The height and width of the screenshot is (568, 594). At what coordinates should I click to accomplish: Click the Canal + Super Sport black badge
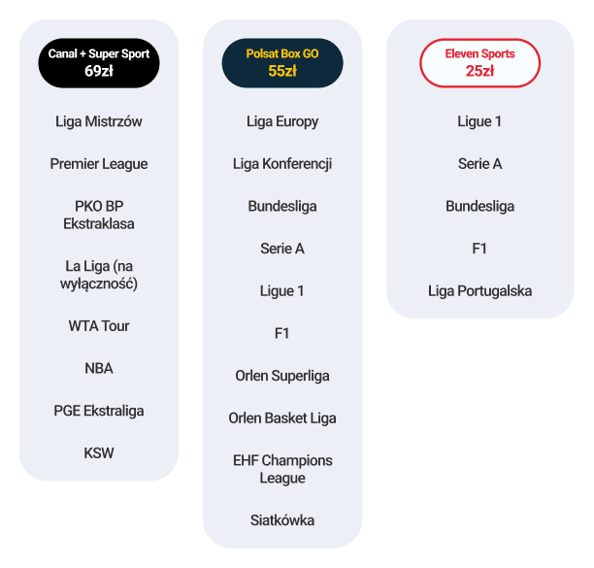(99, 63)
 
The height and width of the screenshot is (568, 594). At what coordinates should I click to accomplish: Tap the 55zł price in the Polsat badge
(282, 71)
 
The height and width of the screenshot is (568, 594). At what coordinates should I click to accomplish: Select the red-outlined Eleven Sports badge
(480, 63)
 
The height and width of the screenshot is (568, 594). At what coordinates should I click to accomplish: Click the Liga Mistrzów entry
(99, 121)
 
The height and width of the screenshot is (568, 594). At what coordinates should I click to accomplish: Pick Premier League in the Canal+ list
(99, 164)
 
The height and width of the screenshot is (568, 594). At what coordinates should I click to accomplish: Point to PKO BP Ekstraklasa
(99, 215)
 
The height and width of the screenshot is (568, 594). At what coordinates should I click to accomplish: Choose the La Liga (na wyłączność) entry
(99, 275)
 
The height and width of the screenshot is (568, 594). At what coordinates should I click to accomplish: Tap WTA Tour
(99, 326)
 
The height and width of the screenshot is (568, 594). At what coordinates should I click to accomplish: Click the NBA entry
(99, 368)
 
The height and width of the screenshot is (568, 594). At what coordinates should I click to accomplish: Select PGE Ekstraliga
(99, 411)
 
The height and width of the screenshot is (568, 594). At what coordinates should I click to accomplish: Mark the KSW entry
(99, 453)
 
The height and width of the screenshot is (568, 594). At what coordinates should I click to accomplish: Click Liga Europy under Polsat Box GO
(282, 121)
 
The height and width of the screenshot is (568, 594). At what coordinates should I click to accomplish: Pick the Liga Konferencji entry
(282, 164)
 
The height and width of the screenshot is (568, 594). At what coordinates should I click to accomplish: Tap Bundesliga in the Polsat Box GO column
(282, 207)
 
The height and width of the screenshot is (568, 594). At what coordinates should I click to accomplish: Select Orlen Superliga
(282, 376)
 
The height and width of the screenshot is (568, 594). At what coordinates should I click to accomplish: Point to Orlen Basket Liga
(282, 418)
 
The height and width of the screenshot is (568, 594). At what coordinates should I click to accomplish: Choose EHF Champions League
(282, 469)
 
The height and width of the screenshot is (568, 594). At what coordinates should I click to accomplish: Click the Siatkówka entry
(282, 520)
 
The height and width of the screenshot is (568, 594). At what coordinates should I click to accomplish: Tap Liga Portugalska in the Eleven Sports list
(480, 291)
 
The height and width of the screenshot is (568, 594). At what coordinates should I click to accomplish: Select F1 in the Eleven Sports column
(479, 249)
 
